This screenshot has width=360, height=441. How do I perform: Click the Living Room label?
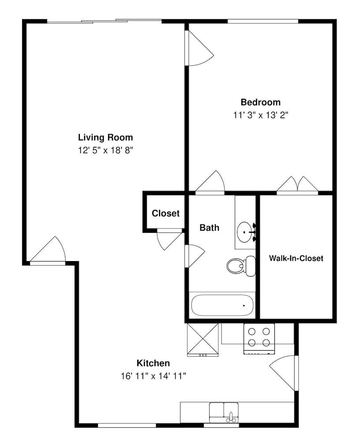coord(105,137)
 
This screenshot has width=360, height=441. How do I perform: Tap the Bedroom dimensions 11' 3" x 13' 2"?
coord(260,115)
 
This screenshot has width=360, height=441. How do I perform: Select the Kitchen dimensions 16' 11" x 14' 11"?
coord(153,376)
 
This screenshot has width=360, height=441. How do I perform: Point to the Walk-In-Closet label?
coord(296,258)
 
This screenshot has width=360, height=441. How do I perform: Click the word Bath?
coord(209,228)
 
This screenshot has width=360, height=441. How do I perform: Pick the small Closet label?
coord(165,213)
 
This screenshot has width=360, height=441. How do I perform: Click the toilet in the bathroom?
coord(241,265)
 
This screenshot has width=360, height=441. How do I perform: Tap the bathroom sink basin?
coord(245,230)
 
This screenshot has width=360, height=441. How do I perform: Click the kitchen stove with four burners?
coord(259,338)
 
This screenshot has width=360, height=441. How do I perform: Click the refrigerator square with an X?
coord(203,339)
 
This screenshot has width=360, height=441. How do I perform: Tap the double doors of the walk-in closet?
coord(297,185)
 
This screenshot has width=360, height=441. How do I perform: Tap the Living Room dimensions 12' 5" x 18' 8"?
coord(105,150)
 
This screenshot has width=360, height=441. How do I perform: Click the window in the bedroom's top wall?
coord(262,21)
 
